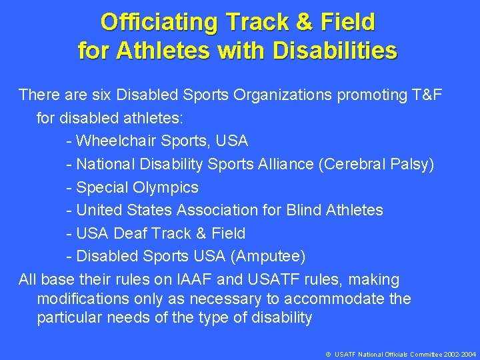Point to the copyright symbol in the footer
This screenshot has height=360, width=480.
(x=329, y=354)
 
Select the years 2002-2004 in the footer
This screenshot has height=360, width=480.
(x=459, y=354)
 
